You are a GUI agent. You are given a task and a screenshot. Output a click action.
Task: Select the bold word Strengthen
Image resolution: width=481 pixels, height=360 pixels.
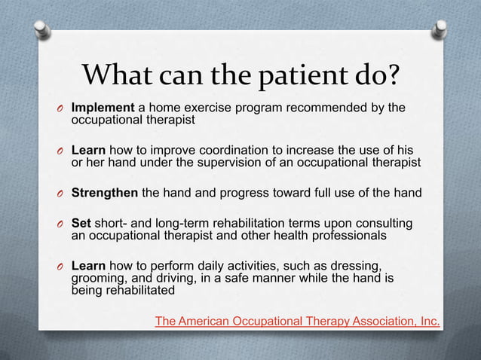pos(105,192)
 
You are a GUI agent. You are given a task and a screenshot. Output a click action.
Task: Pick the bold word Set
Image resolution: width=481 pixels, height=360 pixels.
pos(81,224)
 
